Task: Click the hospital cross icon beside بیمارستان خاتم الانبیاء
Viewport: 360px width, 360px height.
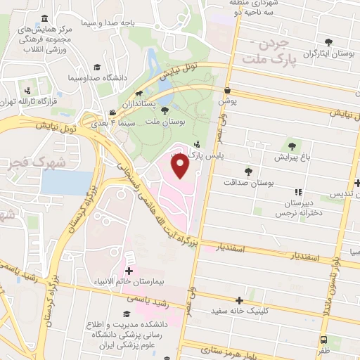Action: click(129, 270)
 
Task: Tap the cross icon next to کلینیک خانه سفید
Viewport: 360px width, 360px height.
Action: click(243, 300)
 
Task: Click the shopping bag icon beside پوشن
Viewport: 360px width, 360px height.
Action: click(227, 91)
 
